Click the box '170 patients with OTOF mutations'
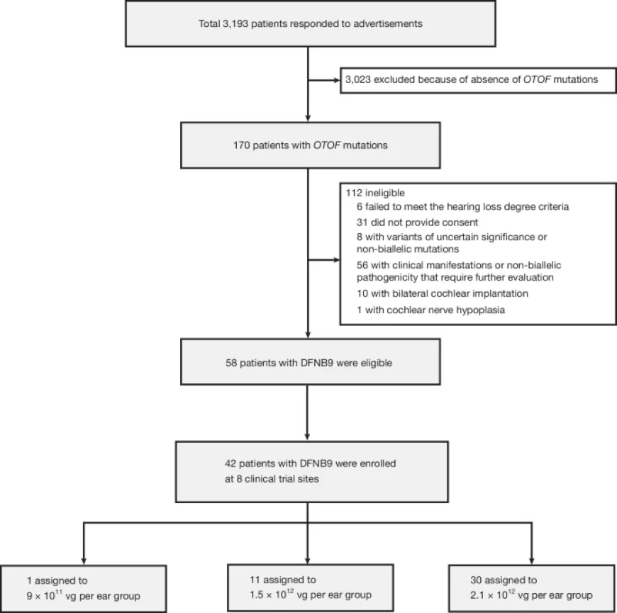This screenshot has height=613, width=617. tap(307, 147)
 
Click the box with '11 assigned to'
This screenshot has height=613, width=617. tap(309, 587)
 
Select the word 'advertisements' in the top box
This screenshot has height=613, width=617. tap(388, 23)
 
